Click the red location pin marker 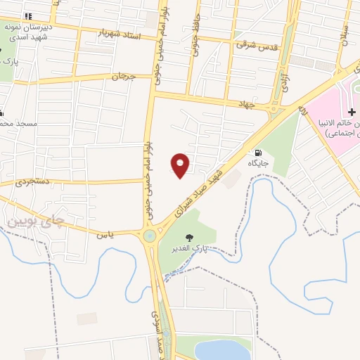(x=181, y=165)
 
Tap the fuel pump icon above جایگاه (x=259, y=153)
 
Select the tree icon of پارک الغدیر (x=188, y=238)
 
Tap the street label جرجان (x=121, y=76)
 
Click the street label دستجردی (x=33, y=181)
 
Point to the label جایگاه (x=258, y=163)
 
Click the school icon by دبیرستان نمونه (x=27, y=15)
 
